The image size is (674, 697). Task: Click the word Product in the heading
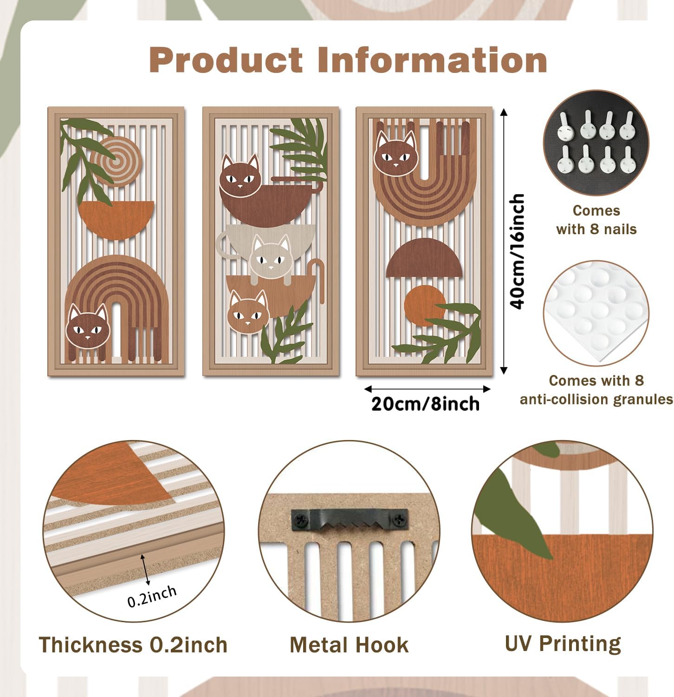[226, 60]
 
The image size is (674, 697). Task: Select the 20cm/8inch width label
[426, 404]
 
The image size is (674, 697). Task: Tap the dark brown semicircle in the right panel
[424, 258]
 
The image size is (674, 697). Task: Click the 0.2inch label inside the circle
[152, 595]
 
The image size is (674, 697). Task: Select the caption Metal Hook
[349, 645]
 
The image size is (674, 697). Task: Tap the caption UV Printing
[563, 644]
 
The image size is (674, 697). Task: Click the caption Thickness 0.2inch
[133, 645]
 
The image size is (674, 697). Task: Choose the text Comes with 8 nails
[596, 220]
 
